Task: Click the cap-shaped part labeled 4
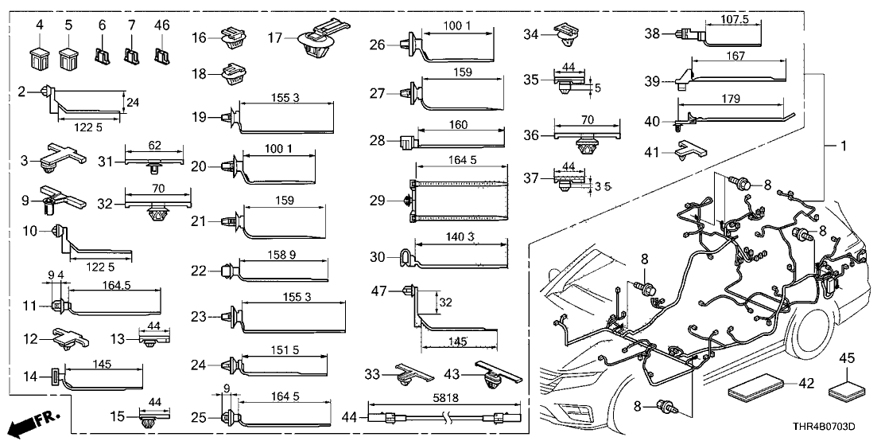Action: pyautogui.click(x=39, y=58)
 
